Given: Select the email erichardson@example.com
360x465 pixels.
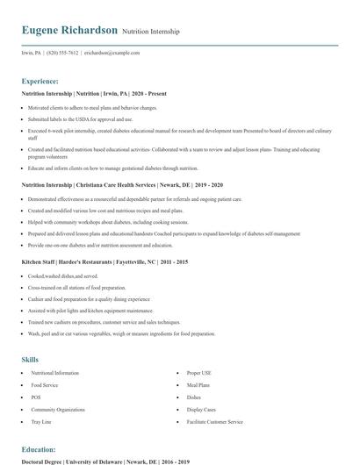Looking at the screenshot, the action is (112, 53).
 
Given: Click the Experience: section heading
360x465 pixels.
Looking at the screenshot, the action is (40, 80).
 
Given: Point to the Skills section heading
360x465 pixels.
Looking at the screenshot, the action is (30, 359).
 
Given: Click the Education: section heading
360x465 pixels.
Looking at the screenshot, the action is (39, 448).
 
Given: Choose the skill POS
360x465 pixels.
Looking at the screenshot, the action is (36, 397).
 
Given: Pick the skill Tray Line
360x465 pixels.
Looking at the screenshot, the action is (42, 422).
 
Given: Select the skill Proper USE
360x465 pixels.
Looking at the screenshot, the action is (201, 373).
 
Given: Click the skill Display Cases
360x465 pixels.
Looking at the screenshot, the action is (202, 410).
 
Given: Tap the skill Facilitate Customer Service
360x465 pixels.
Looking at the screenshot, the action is (215, 422).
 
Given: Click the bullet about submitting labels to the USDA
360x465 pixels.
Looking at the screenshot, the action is (80, 118).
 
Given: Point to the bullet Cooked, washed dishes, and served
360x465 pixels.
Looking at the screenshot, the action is (63, 275).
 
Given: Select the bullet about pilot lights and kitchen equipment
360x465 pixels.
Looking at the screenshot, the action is (83, 310).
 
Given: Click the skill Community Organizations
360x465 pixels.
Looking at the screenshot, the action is (58, 410).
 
